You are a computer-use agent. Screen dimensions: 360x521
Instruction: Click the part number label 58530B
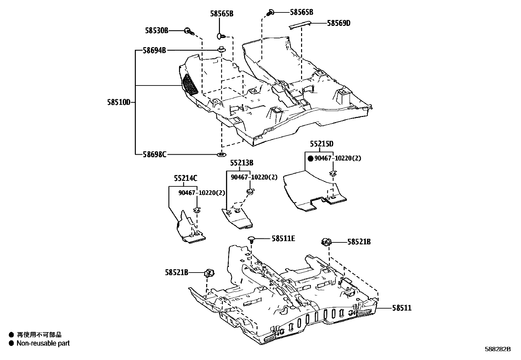point(156,30)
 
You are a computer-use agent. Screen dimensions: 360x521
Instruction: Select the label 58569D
point(338,23)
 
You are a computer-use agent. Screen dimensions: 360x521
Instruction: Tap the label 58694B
point(154,50)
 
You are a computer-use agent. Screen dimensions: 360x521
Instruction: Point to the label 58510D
point(118,102)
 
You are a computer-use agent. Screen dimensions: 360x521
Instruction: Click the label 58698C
point(154,154)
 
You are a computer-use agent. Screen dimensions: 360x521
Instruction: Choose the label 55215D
point(322,144)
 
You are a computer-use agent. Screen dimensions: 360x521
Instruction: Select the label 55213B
point(242,163)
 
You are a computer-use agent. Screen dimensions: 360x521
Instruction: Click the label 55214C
point(186,178)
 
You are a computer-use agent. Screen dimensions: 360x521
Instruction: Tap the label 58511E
point(283,238)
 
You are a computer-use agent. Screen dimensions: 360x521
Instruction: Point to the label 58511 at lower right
point(402,308)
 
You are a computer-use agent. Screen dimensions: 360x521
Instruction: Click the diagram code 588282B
point(497,349)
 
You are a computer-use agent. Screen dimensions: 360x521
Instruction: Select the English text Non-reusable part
point(43,343)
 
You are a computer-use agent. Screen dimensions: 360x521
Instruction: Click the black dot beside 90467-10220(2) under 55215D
point(311,158)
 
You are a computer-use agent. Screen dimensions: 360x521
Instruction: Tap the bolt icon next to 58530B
point(189,31)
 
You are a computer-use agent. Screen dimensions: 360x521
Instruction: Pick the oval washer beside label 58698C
point(222,154)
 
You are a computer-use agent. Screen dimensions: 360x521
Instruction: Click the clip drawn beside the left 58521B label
point(209,272)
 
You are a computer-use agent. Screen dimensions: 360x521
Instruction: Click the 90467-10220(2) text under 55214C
point(202,193)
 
